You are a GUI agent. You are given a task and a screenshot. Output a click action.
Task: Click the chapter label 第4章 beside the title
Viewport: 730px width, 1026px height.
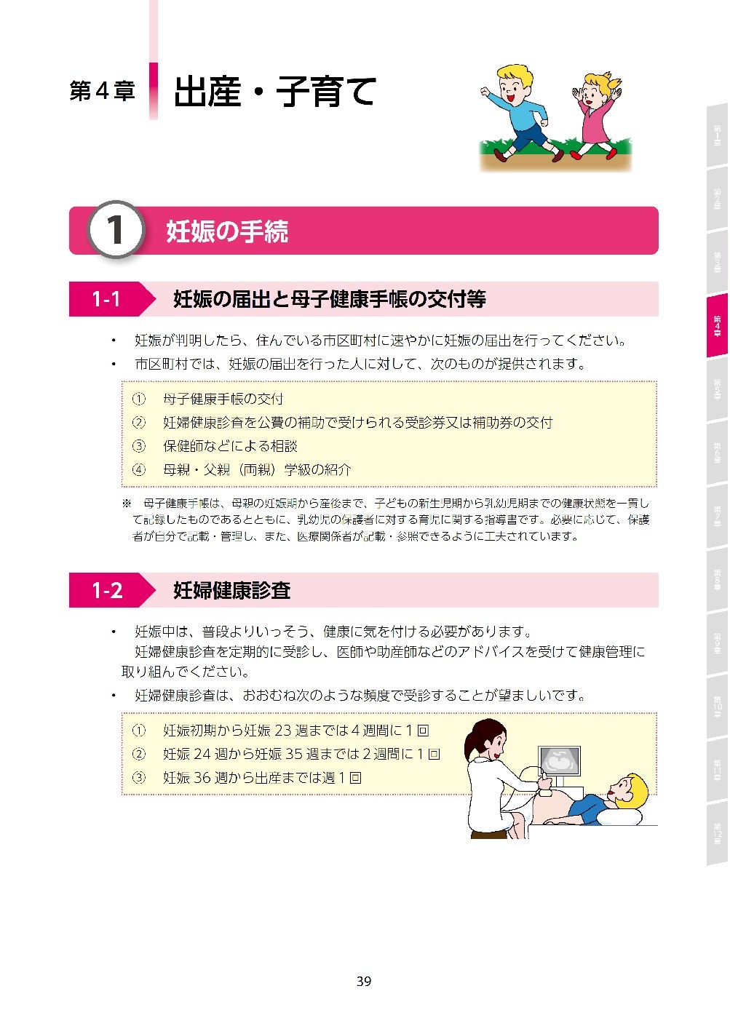(x=102, y=91)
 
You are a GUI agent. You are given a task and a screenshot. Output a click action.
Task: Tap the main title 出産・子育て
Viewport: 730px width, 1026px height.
(x=274, y=92)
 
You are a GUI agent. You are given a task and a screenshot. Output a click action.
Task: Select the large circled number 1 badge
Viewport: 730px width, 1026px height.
(x=115, y=230)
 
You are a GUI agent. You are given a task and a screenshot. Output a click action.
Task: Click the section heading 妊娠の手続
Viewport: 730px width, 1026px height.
(x=227, y=231)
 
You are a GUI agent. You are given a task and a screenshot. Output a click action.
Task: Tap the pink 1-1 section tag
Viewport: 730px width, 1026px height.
(x=106, y=299)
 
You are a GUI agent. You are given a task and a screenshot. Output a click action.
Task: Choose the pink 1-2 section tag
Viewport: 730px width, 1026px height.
(x=107, y=590)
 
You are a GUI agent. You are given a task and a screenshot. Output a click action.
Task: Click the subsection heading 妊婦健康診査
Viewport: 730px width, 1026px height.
(x=231, y=590)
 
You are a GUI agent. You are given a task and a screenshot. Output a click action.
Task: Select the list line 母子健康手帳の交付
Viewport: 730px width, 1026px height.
(x=223, y=399)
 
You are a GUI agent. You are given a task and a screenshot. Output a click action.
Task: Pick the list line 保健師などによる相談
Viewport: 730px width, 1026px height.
(x=230, y=446)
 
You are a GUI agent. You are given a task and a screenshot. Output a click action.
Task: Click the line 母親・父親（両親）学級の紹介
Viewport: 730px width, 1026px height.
(x=256, y=469)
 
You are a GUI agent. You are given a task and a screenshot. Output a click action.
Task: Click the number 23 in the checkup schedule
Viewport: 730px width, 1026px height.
(x=283, y=731)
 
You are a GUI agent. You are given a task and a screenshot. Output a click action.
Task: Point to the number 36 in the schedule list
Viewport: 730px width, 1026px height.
(x=202, y=778)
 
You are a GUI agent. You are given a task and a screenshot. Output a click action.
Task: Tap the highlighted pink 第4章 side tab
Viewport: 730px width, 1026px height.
(x=717, y=325)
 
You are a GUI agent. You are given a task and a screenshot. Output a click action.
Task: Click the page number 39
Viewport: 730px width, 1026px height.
(x=364, y=981)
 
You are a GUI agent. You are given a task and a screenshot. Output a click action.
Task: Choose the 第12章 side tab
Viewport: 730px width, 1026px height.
(x=717, y=833)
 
